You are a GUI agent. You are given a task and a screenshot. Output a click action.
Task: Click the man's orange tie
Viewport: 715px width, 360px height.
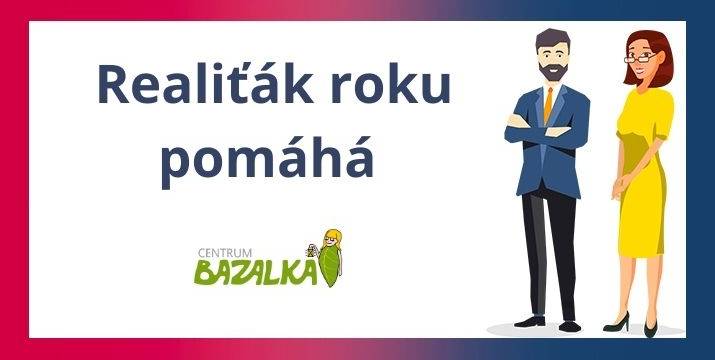548,104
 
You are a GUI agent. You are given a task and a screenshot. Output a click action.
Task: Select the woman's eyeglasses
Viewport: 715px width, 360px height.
641,56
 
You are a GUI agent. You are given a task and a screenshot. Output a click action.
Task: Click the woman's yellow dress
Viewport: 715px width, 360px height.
641,180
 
